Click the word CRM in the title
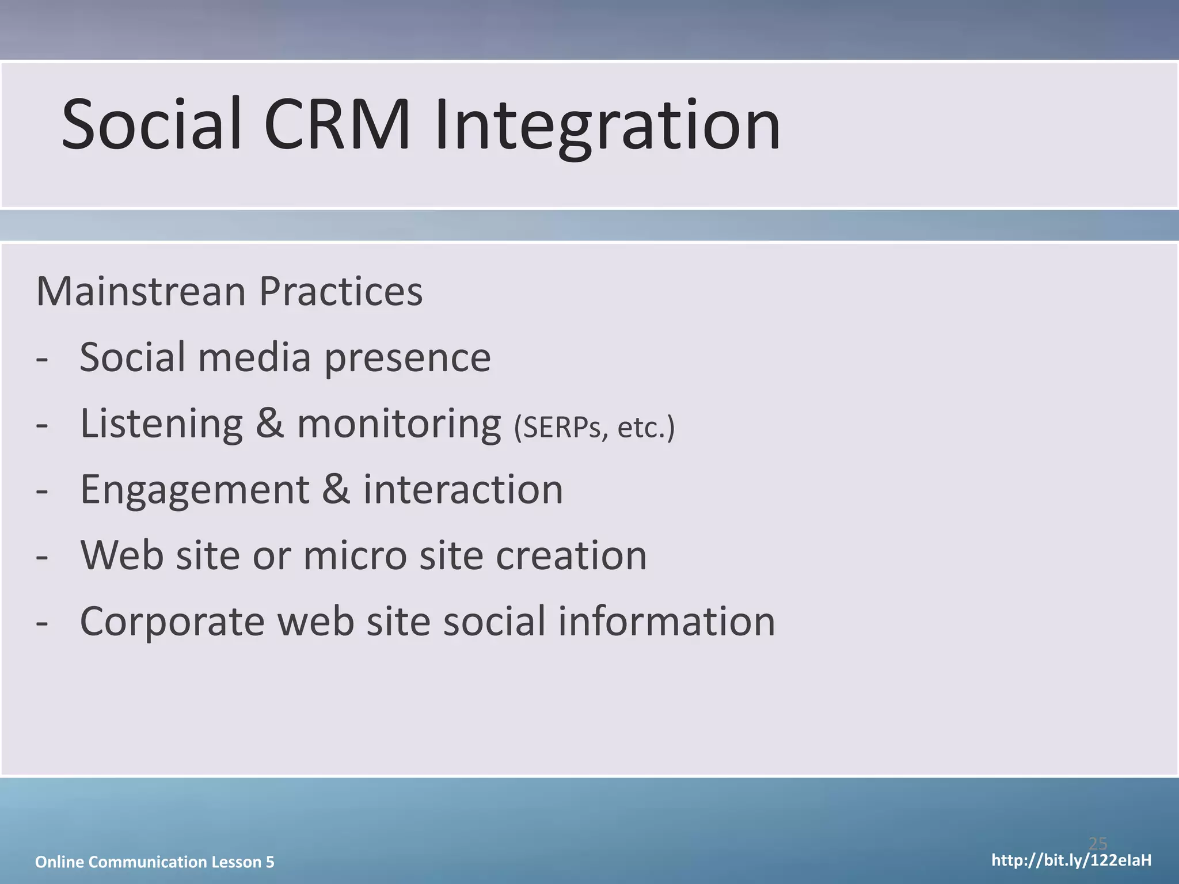pos(337,125)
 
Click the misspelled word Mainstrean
pos(141,291)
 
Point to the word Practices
pos(340,291)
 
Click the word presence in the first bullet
pos(407,358)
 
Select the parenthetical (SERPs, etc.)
pos(594,428)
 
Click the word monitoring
pos(399,424)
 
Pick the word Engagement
pos(195,490)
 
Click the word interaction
pos(463,490)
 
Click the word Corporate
pos(172,622)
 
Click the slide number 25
pos(1098,844)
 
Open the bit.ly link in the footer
pos(1071,861)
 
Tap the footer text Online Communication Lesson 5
pos(155,862)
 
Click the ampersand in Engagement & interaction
pos(336,490)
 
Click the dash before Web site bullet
pos(41,557)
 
